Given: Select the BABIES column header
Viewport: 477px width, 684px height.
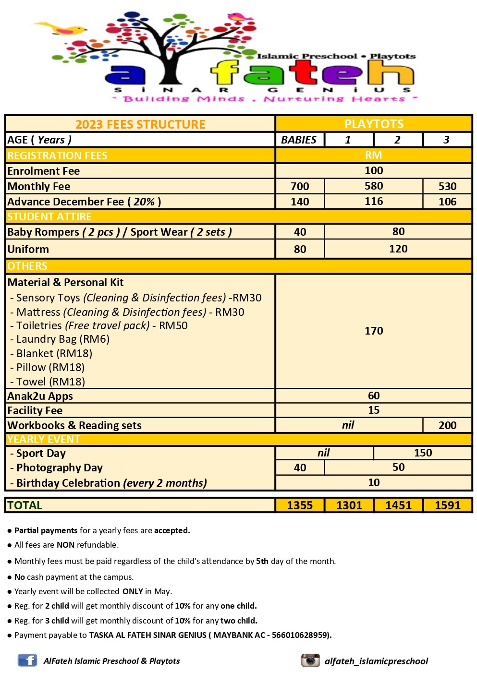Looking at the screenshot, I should point(299,140).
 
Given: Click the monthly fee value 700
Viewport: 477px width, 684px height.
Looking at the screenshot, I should point(300,186).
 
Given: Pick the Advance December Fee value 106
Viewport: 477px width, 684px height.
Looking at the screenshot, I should point(447,202).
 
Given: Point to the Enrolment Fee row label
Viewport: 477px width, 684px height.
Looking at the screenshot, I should point(44,171).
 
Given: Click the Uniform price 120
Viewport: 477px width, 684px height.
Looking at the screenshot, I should point(398,249).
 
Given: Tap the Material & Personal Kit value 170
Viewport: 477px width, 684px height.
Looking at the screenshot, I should point(374,331).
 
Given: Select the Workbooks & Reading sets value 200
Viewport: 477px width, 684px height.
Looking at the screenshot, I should point(447,425).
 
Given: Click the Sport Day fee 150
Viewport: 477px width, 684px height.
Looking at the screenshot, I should point(423,453).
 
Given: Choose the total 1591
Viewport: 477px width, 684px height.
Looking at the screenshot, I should point(447,505).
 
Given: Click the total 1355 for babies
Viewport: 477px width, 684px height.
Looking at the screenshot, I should point(300,505).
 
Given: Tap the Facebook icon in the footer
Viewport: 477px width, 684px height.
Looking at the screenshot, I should point(27,660).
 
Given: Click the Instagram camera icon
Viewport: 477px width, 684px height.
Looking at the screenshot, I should point(310,660).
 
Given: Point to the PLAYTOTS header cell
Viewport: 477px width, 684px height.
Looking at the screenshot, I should point(374,124).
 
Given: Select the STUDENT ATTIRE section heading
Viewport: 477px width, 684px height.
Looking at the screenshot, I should point(49,216).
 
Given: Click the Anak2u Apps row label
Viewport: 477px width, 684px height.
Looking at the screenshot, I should point(40,396).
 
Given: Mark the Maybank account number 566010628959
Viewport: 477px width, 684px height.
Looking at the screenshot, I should point(300,635).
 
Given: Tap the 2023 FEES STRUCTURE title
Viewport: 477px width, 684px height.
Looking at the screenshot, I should point(140,124).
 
